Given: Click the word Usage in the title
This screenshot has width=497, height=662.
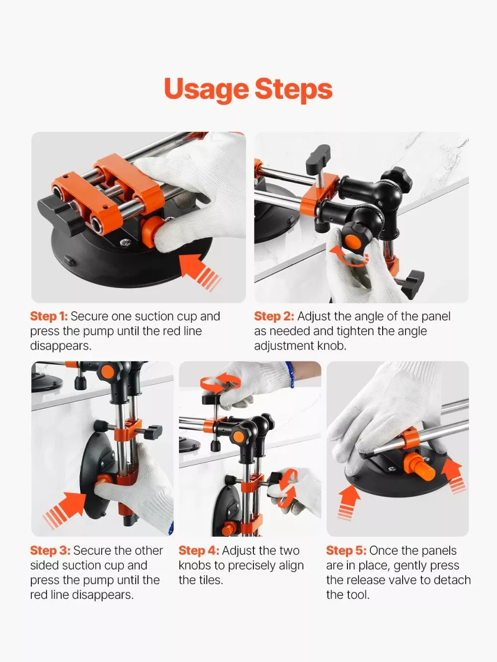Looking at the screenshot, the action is (206, 89).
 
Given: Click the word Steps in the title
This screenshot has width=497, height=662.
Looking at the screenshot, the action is (294, 89).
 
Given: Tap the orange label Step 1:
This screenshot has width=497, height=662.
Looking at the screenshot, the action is (49, 316).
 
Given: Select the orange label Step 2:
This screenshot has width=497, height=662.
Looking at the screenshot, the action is (274, 316).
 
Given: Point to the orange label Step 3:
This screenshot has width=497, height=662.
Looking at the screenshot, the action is (50, 551).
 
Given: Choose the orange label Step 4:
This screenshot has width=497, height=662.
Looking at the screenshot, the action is (199, 551).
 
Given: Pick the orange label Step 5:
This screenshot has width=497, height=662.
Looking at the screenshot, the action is (346, 551).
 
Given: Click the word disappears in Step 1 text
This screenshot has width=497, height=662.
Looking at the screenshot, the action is (61, 346).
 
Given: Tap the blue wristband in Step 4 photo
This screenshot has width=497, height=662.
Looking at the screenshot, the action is (291, 374).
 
